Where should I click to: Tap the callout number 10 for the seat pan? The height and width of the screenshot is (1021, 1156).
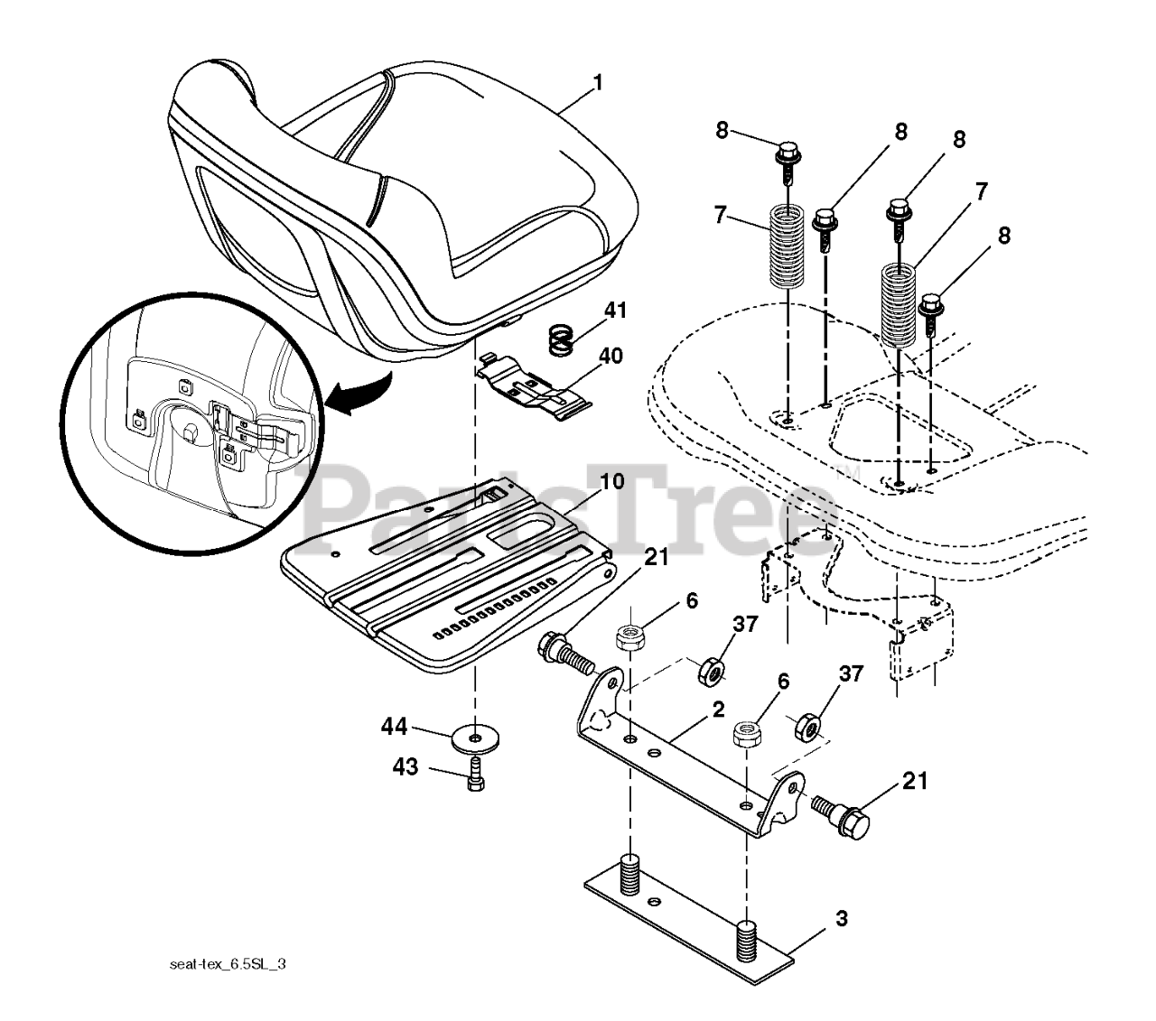(x=611, y=481)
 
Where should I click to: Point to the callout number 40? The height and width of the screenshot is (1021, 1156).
(x=611, y=356)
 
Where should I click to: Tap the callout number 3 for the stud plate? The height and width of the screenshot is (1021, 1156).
(x=841, y=920)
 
